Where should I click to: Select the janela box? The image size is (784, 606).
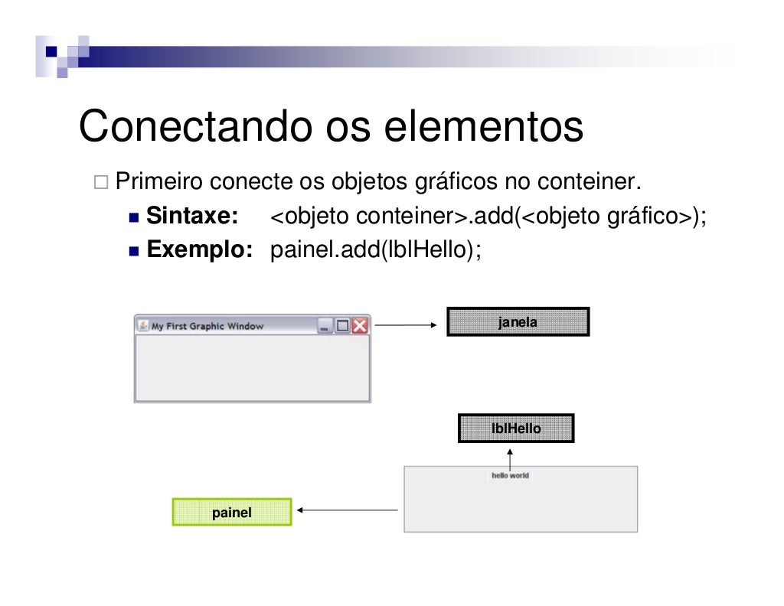pyautogui.click(x=518, y=322)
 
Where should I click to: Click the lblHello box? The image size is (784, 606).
pyautogui.click(x=515, y=428)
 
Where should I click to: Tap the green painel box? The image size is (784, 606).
pyautogui.click(x=232, y=513)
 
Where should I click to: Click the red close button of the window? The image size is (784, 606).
pyautogui.click(x=359, y=326)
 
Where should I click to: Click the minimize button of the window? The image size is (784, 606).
pyautogui.click(x=325, y=326)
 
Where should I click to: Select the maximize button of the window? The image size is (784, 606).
pyautogui.click(x=342, y=326)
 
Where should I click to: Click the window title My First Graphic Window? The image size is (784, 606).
pyautogui.click(x=207, y=326)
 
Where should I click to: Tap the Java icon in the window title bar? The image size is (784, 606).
pyautogui.click(x=143, y=325)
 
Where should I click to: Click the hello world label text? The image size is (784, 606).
pyautogui.click(x=510, y=476)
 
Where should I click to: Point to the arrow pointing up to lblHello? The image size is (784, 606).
pyautogui.click(x=510, y=458)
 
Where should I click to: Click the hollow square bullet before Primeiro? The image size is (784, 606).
pyautogui.click(x=101, y=184)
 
